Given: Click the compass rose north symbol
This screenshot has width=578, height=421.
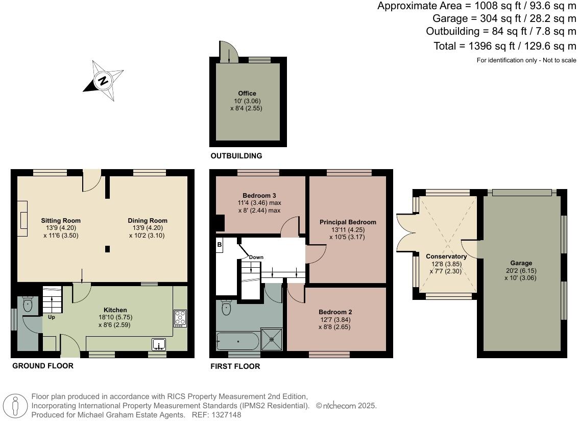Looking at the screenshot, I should pos(104,81).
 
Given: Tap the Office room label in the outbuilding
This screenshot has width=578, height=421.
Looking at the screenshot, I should pos(247,93).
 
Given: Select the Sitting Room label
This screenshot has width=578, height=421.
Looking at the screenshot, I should pos(61,221).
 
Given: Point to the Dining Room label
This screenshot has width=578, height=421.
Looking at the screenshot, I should pos(148,221).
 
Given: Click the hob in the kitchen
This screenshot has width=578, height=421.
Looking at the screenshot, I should pos(180,318).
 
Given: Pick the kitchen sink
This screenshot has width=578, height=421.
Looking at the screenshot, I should pos(159,344).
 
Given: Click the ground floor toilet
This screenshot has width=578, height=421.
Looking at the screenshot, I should pos(28,305).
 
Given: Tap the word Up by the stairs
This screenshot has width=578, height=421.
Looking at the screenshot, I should pos(52,317).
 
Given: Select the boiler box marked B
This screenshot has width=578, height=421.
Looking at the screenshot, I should pos(220,245).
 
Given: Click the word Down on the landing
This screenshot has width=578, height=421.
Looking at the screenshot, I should pos(256,257).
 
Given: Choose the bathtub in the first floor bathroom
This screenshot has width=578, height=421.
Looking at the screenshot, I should pos(238,341).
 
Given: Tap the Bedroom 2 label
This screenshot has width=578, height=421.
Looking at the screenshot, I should pos(335,312).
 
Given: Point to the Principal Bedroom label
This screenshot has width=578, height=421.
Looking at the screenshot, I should pos(348,222).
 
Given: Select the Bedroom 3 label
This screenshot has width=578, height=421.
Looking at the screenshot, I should pos(259,196).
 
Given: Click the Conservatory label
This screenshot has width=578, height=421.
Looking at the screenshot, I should pos(446,256).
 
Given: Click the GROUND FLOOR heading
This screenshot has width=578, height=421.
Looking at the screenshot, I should pos(43,366).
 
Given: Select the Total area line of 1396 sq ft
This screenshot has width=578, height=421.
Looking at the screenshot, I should pos(504,46).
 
